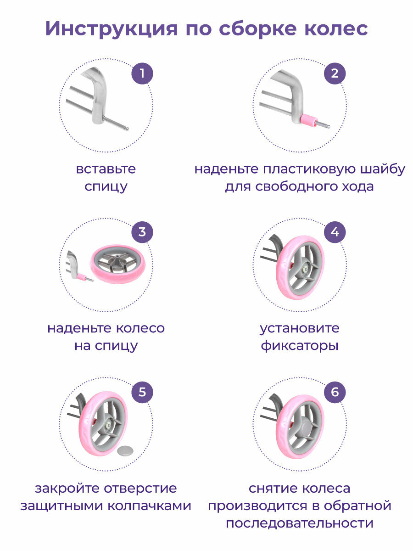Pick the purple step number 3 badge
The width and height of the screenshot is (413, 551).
pyautogui.click(x=142, y=232)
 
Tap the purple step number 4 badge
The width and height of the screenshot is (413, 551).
pyautogui.click(x=335, y=232)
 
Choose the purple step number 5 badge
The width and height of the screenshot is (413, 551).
pyautogui.click(x=142, y=392)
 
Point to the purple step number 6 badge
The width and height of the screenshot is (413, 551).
pyautogui.click(x=335, y=392)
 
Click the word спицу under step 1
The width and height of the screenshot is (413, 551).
pyautogui.click(x=106, y=187)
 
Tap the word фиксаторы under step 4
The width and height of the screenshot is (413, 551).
pyautogui.click(x=300, y=345)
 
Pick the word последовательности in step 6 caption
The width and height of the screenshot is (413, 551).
pyautogui.click(x=299, y=523)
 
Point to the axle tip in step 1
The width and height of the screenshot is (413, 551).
pyautogui.click(x=127, y=129)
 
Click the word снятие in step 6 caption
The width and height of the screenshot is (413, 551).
pyautogui.click(x=272, y=489)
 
